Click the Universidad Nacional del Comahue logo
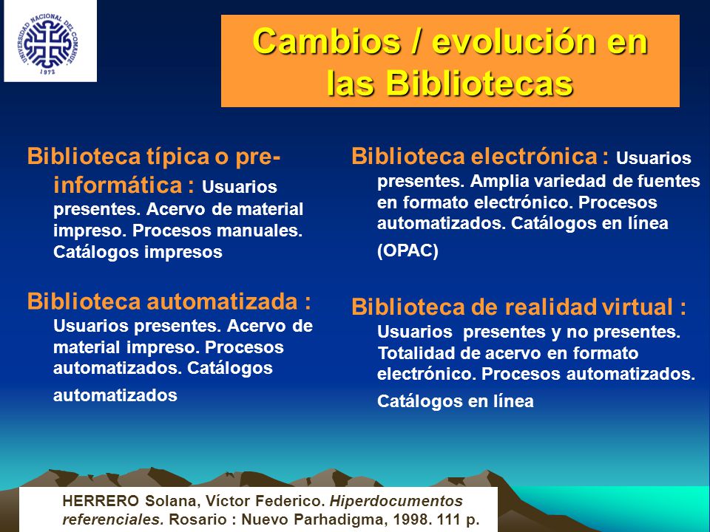point(47,44)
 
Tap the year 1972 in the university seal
point(47,71)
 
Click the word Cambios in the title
point(327,41)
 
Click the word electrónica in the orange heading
point(534,157)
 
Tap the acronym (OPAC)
point(408,250)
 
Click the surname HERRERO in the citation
point(101,501)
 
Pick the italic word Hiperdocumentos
point(396,502)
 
